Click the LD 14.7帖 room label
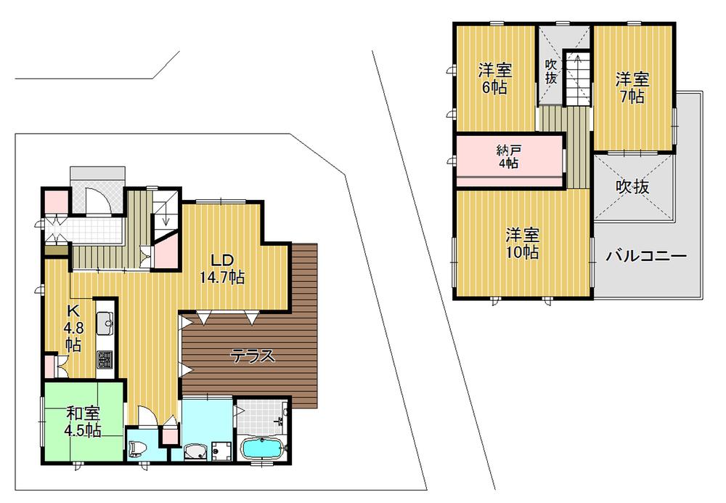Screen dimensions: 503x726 [x=221, y=268]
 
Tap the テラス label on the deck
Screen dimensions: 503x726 [x=252, y=356]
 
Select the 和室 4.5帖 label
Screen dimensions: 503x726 [x=83, y=422]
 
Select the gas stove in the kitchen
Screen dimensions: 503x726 [x=105, y=359]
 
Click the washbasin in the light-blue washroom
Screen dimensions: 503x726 [x=195, y=451]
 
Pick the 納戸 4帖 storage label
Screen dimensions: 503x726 [x=507, y=157]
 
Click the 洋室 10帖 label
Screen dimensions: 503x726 [x=522, y=244]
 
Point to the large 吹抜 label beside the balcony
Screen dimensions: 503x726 [x=632, y=186]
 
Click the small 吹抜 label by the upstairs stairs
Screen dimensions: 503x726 [x=551, y=71]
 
